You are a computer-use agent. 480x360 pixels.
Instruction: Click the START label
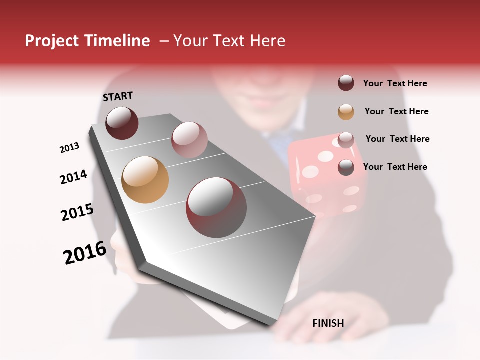[118, 96]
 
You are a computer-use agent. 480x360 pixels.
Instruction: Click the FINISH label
[328, 323]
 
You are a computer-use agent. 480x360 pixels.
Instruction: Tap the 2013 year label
[70, 148]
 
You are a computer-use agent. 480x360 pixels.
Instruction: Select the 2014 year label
[74, 177]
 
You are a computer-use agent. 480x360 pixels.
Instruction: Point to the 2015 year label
[77, 212]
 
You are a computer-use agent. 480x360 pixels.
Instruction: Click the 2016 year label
[85, 253]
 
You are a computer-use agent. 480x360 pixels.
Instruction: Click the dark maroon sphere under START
[122, 123]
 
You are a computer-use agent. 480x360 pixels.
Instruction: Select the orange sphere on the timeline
[145, 180]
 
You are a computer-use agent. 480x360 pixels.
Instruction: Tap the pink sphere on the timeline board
[189, 140]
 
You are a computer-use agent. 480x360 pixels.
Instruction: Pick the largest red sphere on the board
[216, 207]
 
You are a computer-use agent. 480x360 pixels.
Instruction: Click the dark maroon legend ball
[346, 83]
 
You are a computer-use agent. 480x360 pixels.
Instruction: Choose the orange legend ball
[346, 112]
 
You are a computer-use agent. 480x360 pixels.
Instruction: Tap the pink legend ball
[346, 140]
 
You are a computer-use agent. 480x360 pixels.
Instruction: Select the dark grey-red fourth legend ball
[346, 167]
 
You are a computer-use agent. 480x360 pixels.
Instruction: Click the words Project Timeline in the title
[87, 41]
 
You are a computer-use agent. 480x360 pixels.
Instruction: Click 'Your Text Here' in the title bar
[229, 41]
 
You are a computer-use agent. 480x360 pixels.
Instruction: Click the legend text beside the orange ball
[396, 111]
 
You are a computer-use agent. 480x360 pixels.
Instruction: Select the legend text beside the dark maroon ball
[395, 83]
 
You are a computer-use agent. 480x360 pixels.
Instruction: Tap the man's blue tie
[280, 145]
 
